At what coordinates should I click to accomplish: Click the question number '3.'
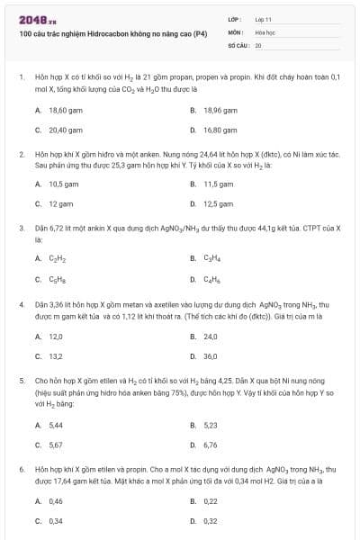(x=21, y=229)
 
